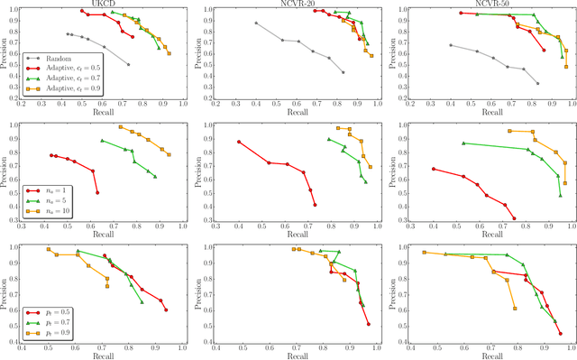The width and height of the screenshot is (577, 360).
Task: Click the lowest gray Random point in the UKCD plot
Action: pyautogui.click(x=128, y=65)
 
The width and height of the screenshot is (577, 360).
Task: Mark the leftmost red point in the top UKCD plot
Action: pyautogui.click(x=82, y=12)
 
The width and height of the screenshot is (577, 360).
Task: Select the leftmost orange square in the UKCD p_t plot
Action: pyautogui.click(x=49, y=249)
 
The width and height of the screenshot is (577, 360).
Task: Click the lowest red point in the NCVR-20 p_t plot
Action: pyautogui.click(x=368, y=323)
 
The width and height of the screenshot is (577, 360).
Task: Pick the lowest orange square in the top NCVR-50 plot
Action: pyautogui.click(x=566, y=67)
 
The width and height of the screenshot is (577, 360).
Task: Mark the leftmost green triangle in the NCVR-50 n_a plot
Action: pyautogui.click(x=463, y=143)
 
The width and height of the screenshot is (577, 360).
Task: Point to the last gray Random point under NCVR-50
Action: pyautogui.click(x=537, y=83)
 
